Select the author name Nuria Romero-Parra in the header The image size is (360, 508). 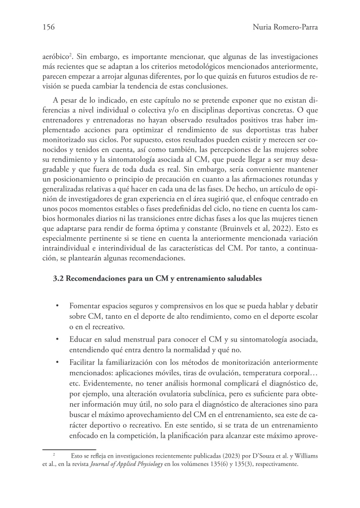285,28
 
